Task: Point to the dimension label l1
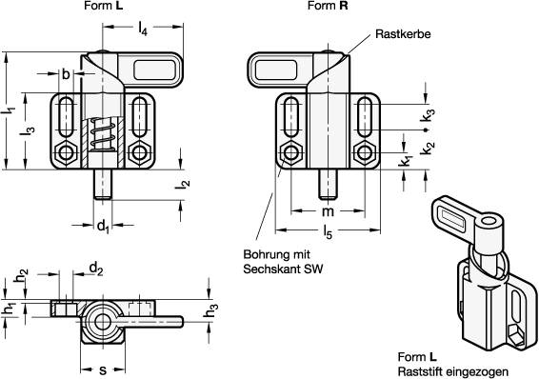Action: coord(10,111)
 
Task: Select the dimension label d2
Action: coord(96,270)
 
